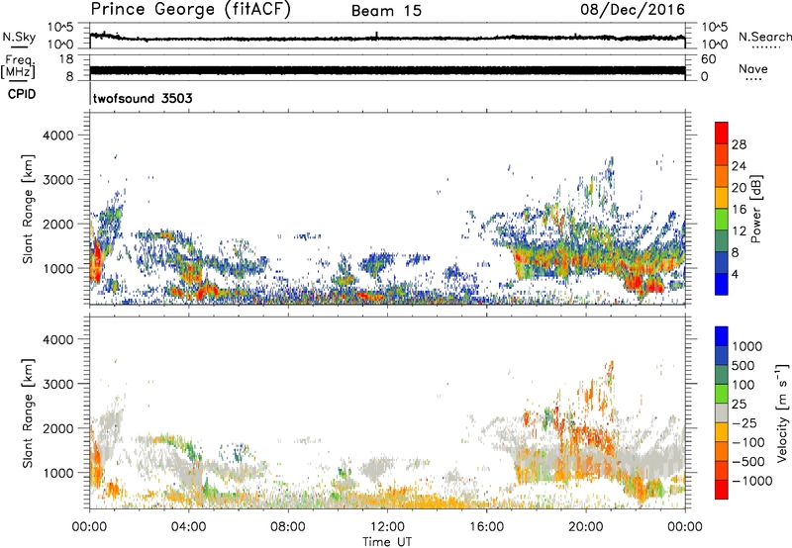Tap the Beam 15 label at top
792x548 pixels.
[386, 11]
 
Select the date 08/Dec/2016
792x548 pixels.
[637, 10]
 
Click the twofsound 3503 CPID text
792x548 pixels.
[143, 99]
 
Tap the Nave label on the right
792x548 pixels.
[754, 68]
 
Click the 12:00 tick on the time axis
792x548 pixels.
[386, 526]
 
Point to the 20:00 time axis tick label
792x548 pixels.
[585, 526]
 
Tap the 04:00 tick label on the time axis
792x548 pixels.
[188, 526]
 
